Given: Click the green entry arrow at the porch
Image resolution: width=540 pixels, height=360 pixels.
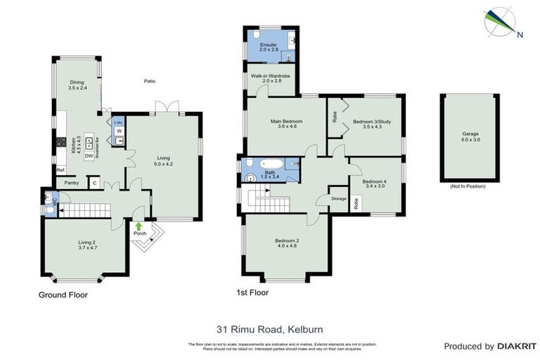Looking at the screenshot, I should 139,226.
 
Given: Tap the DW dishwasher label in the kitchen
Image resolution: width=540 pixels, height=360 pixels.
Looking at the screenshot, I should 89,157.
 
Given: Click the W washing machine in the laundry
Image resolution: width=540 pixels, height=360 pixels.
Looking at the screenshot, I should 119,131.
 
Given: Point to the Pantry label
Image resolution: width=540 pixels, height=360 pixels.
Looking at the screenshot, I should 71,183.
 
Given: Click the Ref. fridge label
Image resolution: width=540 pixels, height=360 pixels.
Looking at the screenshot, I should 60,169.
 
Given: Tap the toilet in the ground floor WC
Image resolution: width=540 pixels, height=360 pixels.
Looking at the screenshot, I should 47,198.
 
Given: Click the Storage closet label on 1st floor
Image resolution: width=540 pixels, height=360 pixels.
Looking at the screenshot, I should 339,199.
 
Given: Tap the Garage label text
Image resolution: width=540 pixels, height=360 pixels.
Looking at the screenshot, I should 470,133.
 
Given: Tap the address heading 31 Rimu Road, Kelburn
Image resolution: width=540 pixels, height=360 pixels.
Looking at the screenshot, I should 269,328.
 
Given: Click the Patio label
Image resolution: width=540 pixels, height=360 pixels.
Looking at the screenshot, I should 149,81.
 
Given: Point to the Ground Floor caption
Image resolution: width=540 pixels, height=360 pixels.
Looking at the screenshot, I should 63,295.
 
